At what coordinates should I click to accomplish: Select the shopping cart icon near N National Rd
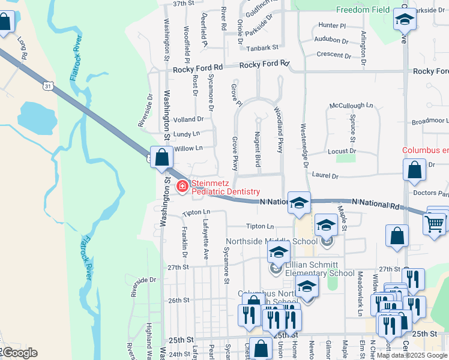pyautogui.click(x=435, y=223)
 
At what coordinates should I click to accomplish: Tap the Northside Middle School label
pyautogui.click(x=271, y=241)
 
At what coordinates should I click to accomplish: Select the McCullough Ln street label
pyautogui.click(x=351, y=106)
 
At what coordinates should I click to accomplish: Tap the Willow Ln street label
pyautogui.click(x=188, y=148)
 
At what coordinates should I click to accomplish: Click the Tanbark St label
pyautogui.click(x=262, y=47)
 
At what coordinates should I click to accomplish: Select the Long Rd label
pyautogui.click(x=22, y=48)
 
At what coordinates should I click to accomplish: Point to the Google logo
pyautogui.click(x=19, y=353)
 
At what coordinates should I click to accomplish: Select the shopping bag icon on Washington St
pyautogui.click(x=162, y=158)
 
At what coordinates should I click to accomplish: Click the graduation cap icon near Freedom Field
pyautogui.click(x=405, y=20)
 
